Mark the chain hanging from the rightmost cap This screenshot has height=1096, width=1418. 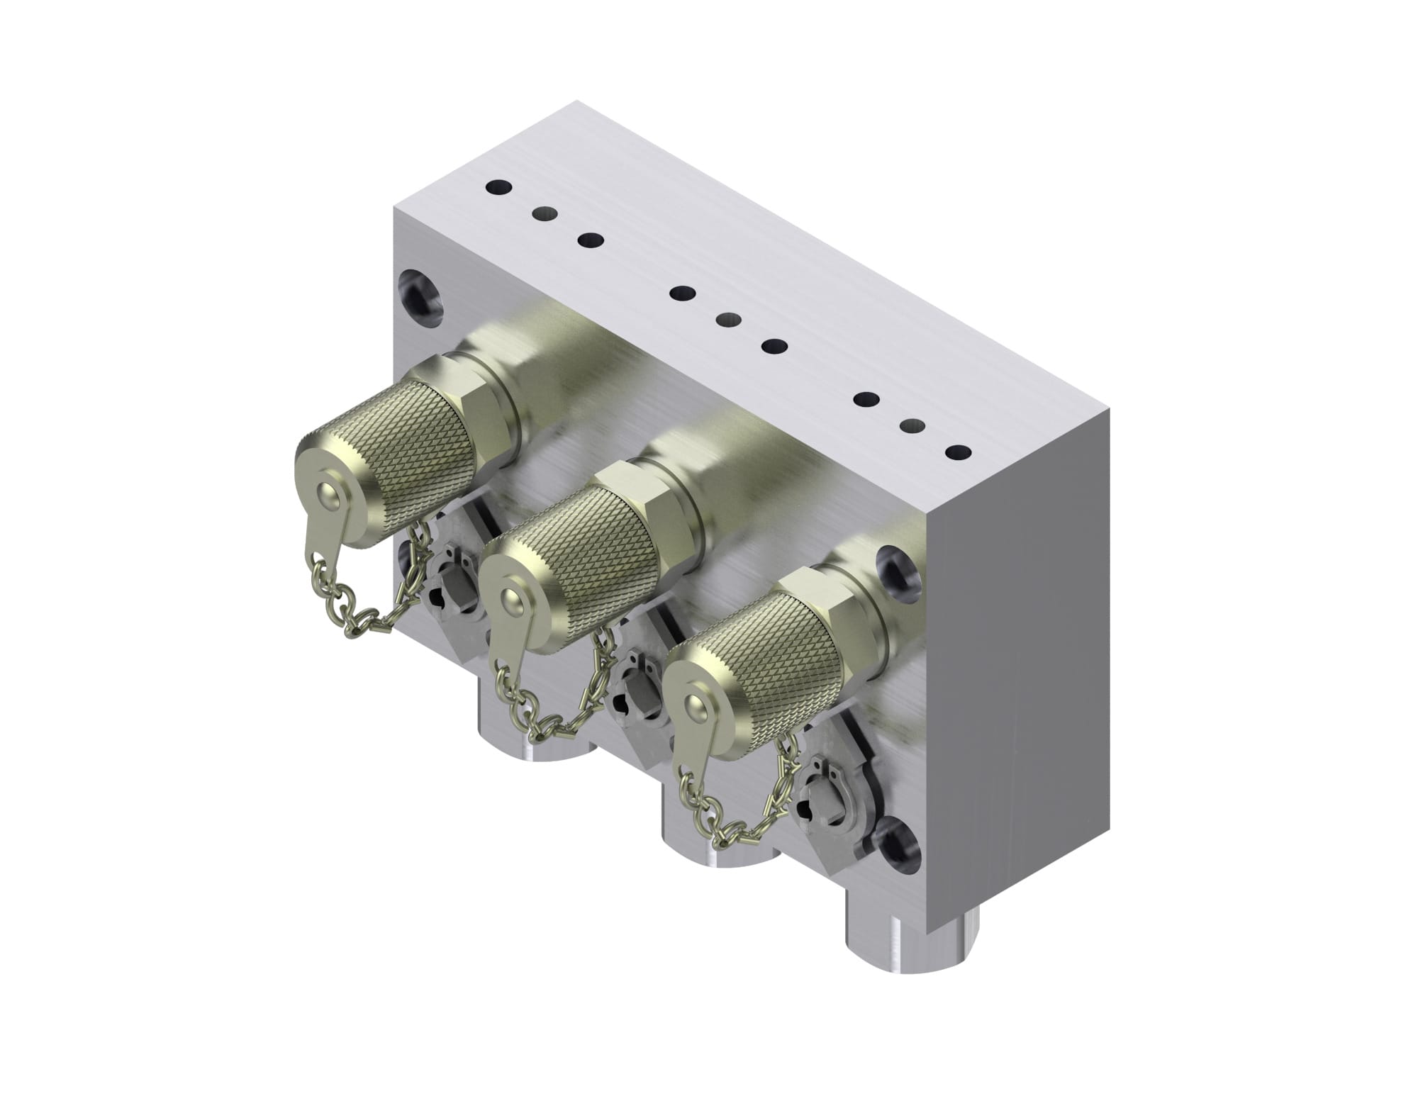point(737,822)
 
